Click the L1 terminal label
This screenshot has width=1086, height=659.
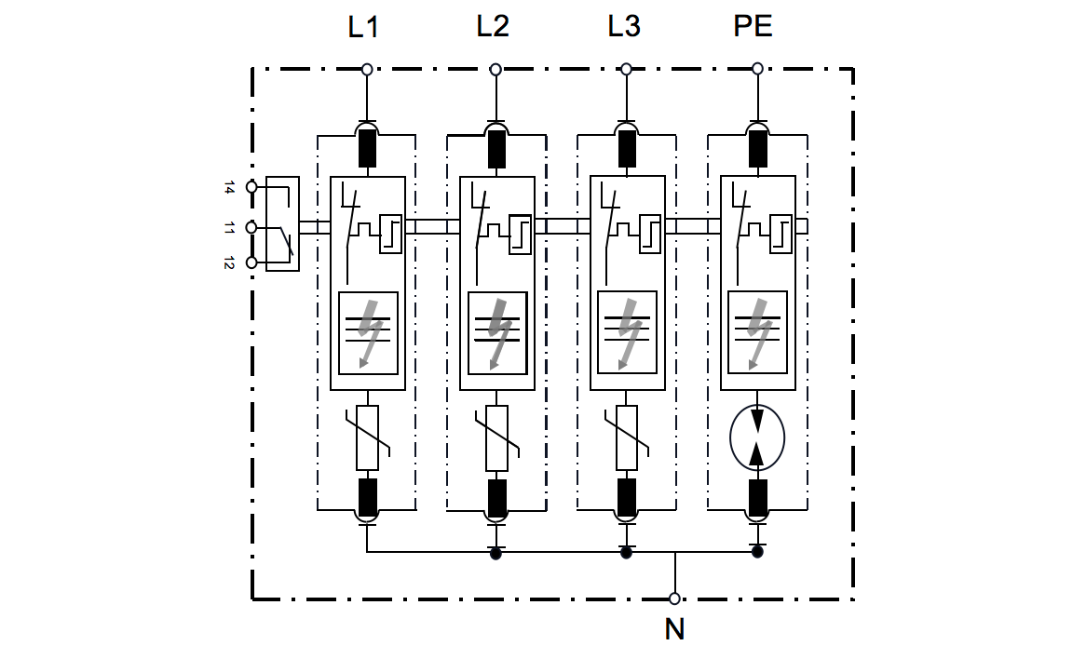pos(363,27)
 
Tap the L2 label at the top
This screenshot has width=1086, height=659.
pos(493,27)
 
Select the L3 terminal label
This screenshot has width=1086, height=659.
pos(624,27)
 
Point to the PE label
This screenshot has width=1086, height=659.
pos(753,27)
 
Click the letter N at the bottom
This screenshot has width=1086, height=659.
pos(674,630)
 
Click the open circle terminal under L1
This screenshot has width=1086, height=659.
pos(367,69)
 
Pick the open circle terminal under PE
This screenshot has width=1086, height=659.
pos(757,69)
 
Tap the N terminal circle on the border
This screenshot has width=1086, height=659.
pos(674,598)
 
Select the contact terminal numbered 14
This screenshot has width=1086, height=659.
pos(251,187)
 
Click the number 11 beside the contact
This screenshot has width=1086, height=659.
pos(229,227)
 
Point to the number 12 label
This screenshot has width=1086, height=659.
pos(229,263)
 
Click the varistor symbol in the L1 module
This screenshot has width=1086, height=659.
pos(368,437)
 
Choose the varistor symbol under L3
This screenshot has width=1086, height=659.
pos(627,437)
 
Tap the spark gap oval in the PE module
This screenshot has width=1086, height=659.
pos(757,437)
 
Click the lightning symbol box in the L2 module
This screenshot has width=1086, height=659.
pos(497,332)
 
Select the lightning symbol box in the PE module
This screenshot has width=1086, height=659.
pos(757,332)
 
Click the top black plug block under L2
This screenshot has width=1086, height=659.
pos(497,149)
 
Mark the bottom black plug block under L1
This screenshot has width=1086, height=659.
pos(368,497)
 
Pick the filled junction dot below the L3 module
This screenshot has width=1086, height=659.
pos(626,553)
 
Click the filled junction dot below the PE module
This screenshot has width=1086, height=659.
pos(757,552)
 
